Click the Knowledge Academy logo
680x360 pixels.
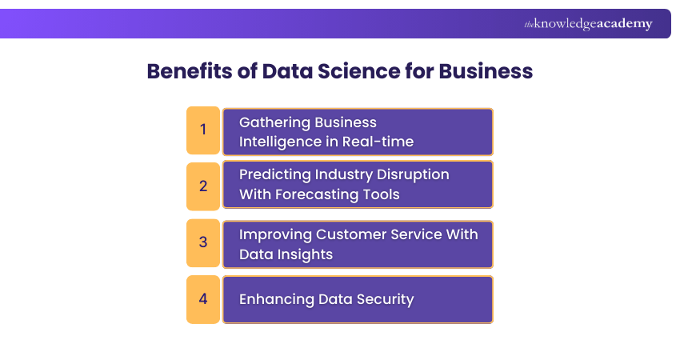(588, 24)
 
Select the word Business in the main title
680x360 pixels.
(486, 71)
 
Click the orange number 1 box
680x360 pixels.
(203, 130)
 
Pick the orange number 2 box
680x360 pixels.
(203, 185)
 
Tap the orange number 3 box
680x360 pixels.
(203, 242)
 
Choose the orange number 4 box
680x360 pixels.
(203, 299)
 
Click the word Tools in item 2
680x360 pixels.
(380, 194)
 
